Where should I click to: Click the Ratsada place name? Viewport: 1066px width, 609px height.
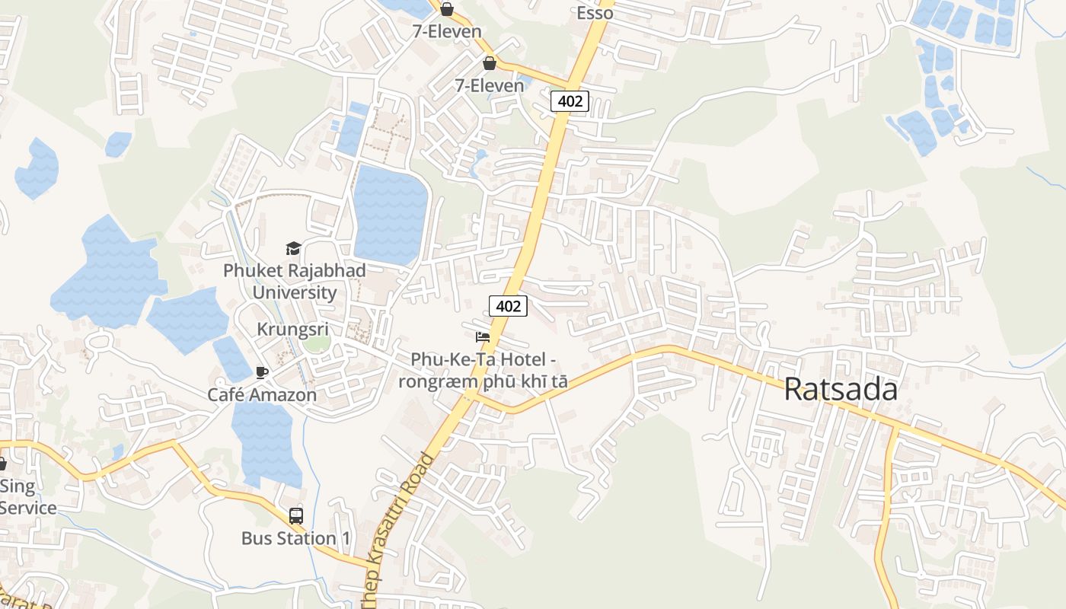click(841, 389)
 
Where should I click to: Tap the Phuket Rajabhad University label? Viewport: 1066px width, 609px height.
click(294, 282)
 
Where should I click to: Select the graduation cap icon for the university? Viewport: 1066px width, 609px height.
click(293, 248)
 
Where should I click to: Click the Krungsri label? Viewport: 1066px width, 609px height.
click(292, 330)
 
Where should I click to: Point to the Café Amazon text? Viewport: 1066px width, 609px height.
click(262, 395)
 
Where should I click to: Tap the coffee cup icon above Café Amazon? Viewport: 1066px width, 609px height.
click(262, 372)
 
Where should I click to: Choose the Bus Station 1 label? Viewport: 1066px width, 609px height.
click(296, 538)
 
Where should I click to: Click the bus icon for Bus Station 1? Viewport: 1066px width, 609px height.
click(296, 515)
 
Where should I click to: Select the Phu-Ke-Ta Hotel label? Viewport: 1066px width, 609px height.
click(483, 370)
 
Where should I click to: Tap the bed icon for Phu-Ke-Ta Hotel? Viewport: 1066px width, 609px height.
click(483, 336)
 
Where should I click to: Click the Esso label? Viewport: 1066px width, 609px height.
click(595, 13)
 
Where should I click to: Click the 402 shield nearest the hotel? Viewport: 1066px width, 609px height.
click(508, 306)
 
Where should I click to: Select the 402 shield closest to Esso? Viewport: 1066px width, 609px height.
click(570, 100)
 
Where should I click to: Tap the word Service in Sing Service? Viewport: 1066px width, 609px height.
click(28, 508)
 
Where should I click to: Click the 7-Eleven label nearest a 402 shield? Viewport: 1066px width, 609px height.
click(490, 85)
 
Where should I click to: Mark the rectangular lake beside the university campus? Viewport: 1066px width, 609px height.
click(390, 215)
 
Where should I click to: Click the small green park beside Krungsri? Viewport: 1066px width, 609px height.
click(317, 343)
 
